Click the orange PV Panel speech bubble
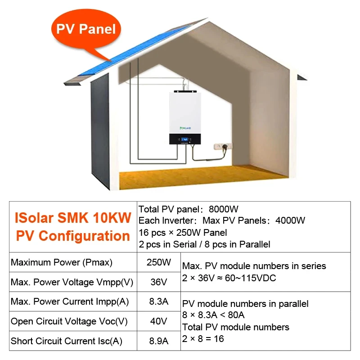(85, 30)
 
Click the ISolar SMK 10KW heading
(73, 218)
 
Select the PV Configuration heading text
(73, 236)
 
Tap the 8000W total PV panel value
(223, 209)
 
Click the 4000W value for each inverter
(284, 220)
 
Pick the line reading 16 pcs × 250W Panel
(183, 233)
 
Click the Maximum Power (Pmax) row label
(62, 262)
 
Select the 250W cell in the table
(158, 262)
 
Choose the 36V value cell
(158, 282)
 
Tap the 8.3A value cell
(158, 301)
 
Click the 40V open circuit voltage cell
(158, 321)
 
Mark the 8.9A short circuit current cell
(158, 341)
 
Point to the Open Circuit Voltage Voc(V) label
(69, 321)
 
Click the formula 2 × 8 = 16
(203, 338)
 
